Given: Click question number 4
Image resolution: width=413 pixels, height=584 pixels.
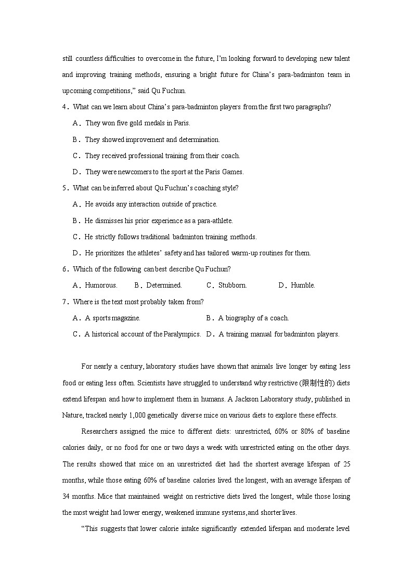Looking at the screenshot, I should [64, 107].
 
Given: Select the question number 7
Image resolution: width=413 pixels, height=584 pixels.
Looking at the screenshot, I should [64, 302].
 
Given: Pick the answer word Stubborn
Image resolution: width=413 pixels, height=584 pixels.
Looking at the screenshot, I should [233, 285].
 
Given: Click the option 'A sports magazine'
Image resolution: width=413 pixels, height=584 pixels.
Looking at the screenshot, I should [112, 318].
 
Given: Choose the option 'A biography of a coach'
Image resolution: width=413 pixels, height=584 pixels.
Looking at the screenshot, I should [253, 318].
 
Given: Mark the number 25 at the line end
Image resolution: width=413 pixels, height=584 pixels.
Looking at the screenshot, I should [345, 464].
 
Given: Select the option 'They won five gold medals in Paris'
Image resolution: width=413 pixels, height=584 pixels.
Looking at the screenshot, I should [138, 123].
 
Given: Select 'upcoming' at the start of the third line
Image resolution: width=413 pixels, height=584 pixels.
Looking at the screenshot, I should [76, 91].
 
